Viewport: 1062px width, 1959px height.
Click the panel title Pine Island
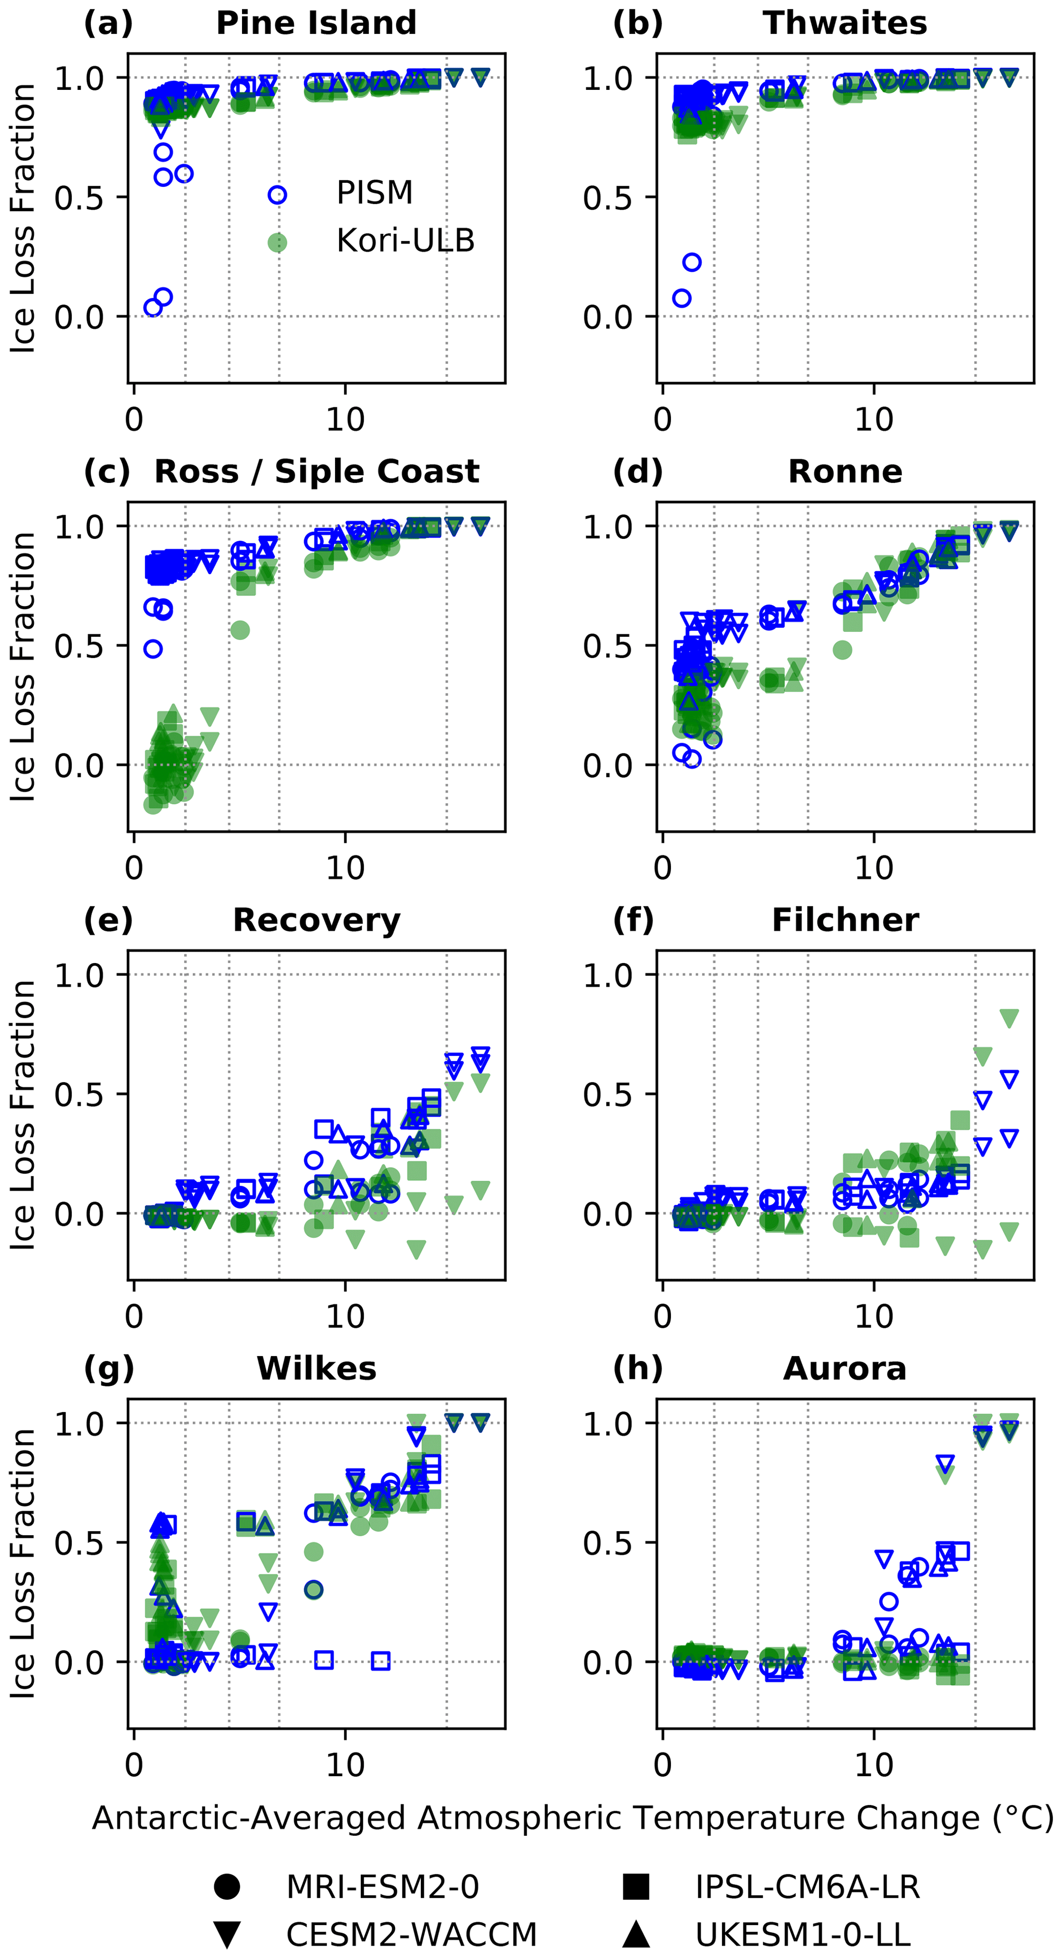pos(316,23)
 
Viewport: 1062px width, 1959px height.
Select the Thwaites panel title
pos(845,23)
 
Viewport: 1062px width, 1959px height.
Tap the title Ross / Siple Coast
pos(316,472)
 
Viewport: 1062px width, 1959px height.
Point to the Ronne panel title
pos(845,472)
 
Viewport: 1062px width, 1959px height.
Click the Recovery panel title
pos(316,920)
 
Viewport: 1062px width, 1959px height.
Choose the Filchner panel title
pos(845,920)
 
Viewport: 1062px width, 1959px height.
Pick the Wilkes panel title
pos(316,1369)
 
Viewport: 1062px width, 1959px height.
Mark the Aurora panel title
pos(845,1369)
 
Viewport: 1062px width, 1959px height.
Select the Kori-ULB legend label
pos(405,241)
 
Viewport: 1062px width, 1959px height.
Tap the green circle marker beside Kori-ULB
pos(277,242)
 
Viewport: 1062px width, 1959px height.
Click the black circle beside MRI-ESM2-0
pos(227,1887)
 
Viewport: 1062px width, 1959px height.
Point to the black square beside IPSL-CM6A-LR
pos(636,1887)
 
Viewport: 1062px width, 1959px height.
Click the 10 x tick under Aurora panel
pos(873,1766)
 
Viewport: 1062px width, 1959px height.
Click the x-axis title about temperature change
pos(572,1818)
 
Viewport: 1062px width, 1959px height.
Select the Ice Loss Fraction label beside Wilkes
pos(23,1564)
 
